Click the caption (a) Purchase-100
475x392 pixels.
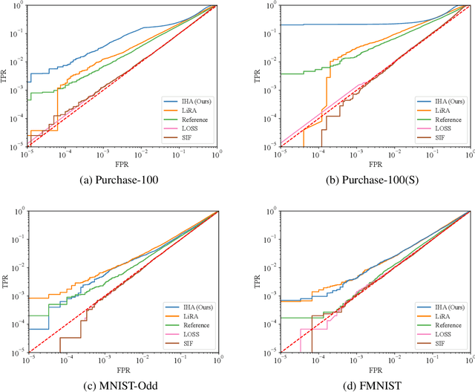[121, 178]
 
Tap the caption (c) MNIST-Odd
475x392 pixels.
[121, 383]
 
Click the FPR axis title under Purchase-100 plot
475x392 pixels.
[121, 161]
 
